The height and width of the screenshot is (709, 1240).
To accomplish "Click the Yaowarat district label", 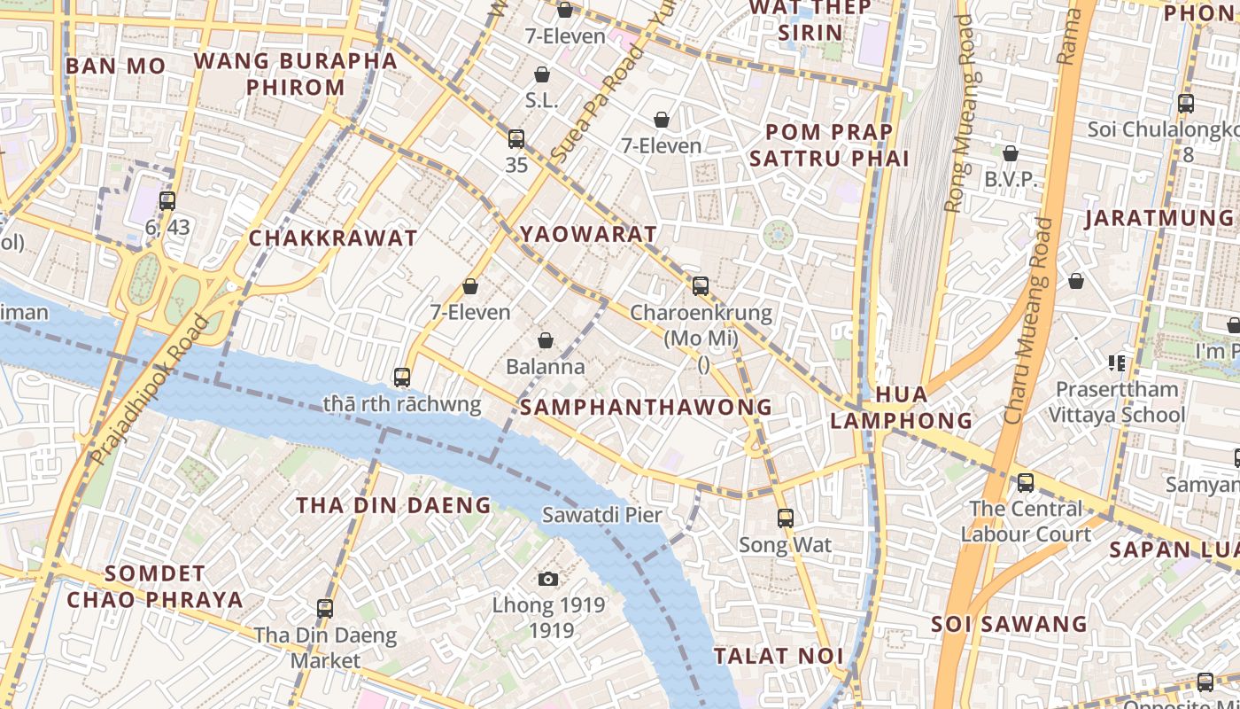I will click(588, 234).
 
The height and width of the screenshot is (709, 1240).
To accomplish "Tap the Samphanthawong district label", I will click(646, 407).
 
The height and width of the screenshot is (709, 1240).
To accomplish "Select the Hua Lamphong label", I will click(901, 408).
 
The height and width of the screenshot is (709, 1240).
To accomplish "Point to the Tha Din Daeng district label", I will click(393, 506).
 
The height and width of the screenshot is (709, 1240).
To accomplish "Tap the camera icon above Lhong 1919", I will click(548, 580).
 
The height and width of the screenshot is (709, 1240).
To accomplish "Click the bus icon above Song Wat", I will click(785, 518).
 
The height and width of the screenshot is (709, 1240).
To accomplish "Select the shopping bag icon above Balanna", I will click(546, 340).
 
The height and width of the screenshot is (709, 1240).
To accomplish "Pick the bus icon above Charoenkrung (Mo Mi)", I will click(701, 286).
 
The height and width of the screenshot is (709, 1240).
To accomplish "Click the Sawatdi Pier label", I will click(602, 515).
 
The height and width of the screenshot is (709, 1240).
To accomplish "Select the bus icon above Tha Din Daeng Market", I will click(325, 609).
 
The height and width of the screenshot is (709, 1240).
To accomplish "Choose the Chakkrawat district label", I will click(332, 238).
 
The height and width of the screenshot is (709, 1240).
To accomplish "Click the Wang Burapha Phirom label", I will click(295, 74).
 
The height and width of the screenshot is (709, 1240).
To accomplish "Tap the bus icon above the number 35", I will click(516, 139).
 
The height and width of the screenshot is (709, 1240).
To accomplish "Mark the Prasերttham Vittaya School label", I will click(1117, 401).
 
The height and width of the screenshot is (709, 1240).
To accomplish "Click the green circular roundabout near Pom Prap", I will click(778, 235).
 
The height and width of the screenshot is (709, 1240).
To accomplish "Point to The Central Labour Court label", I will click(1026, 521).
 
